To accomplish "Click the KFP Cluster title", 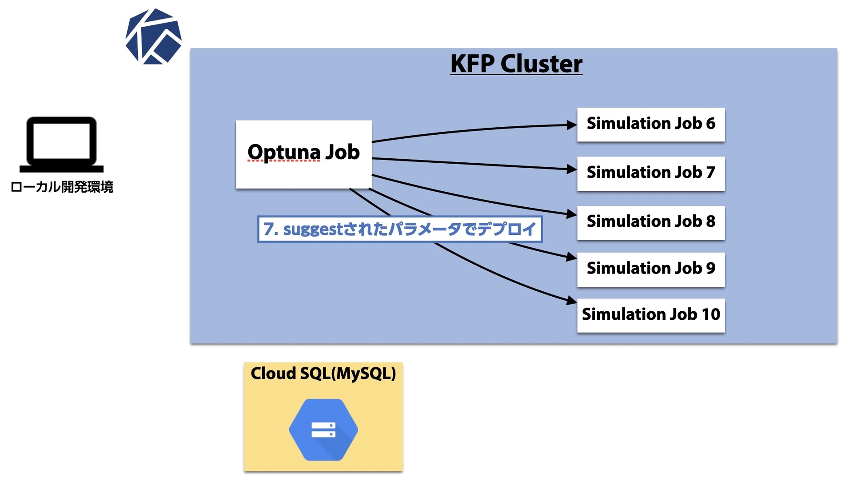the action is (x=516, y=64).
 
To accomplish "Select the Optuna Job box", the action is (x=304, y=154).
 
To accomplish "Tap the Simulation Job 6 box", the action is (x=651, y=125).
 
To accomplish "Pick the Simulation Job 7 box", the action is (x=651, y=173).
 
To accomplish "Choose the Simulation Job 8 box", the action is (x=651, y=223).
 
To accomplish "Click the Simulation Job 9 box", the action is (x=651, y=270).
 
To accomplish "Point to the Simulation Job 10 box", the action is (x=651, y=315).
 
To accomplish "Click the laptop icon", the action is (x=61, y=145).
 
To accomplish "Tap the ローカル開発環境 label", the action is (x=62, y=187).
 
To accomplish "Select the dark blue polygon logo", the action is (x=154, y=36).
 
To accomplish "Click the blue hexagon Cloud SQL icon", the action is (x=323, y=430).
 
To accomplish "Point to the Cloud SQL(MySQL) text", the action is (x=323, y=374).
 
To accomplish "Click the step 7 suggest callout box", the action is (x=400, y=229).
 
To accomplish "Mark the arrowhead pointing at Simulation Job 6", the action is (x=572, y=125).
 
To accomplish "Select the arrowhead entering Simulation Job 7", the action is (x=572, y=169).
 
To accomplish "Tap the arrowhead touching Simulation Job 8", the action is (x=572, y=214).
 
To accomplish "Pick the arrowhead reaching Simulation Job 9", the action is (x=572, y=257).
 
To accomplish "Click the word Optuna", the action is (x=284, y=153).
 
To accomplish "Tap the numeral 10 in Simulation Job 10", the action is (x=711, y=314).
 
